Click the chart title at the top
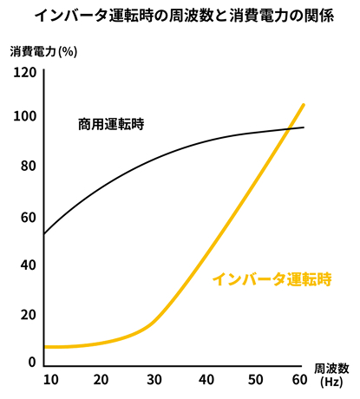click(x=185, y=16)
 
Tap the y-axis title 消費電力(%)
click(x=43, y=52)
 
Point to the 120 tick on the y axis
click(x=25, y=72)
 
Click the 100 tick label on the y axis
click(x=25, y=116)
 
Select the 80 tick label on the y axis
click(x=29, y=166)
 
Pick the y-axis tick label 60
click(x=29, y=218)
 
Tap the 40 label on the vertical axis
click(x=29, y=265)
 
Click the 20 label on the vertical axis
click(x=29, y=315)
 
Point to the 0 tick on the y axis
click(x=32, y=362)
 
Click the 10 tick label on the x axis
click(x=51, y=380)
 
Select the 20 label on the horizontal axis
click(x=101, y=380)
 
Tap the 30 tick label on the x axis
click(x=154, y=380)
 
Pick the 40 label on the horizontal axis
click(x=206, y=380)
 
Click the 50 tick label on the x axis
click(x=256, y=380)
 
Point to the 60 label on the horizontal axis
click(x=299, y=380)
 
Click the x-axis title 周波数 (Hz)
click(x=331, y=376)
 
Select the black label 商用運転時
click(x=111, y=124)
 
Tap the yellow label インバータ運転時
click(x=272, y=279)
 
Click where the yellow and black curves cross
click(x=289, y=129)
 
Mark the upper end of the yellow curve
click(x=304, y=104)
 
